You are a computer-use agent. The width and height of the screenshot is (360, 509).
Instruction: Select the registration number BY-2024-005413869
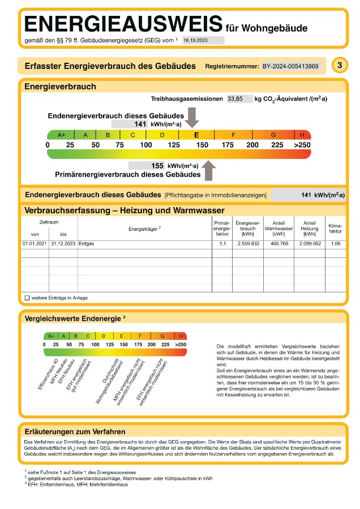(290, 66)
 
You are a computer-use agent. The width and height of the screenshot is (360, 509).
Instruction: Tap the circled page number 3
(339, 66)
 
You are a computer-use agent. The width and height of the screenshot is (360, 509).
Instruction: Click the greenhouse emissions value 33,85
(235, 98)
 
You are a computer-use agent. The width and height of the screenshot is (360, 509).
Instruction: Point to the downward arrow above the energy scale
(192, 118)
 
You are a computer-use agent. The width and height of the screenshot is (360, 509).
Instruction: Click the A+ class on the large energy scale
(62, 135)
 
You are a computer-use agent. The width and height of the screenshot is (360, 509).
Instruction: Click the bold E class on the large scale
(196, 135)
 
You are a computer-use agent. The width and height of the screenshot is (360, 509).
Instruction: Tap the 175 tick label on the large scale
(228, 145)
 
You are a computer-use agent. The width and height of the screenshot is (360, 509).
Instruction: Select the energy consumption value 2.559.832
(247, 244)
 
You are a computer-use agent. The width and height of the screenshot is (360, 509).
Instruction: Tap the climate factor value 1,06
(335, 244)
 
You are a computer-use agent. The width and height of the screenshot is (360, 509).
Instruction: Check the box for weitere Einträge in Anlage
(27, 297)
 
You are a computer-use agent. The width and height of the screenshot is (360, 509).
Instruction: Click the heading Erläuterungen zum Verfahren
(75, 432)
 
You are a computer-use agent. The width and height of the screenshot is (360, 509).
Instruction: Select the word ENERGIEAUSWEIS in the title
(123, 24)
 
